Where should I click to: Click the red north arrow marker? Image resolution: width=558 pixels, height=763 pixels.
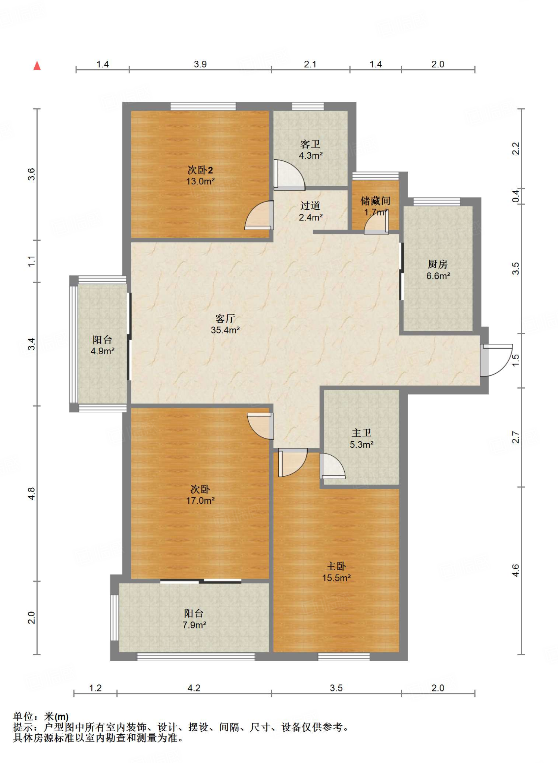37,66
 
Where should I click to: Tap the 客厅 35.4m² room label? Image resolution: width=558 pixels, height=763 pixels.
225,324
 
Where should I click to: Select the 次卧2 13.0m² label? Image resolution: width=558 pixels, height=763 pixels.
200,175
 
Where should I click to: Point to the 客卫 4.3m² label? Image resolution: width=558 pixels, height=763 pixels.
310,150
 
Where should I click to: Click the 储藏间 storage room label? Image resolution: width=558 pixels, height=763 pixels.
375,206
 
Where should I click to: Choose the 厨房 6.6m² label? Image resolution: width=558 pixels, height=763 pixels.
438,270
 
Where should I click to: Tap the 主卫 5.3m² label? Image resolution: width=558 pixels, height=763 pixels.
361,439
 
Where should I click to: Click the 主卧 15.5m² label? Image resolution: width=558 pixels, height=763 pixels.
336,572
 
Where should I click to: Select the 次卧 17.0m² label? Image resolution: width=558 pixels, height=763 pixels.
200,494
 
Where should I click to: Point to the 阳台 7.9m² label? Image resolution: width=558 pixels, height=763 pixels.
194,619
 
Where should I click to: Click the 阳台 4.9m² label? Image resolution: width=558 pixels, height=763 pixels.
102,345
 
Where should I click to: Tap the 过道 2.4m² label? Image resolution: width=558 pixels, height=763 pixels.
310,211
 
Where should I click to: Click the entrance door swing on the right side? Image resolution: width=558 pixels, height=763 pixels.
496,360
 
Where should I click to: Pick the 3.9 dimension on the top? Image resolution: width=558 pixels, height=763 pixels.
200,64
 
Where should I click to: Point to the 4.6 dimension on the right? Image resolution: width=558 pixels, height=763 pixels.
515,570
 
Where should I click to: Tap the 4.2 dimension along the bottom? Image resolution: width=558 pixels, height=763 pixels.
194,688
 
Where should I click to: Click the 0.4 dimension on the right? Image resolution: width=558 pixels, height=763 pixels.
515,196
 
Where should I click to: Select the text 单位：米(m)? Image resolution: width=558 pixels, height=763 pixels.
41,716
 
